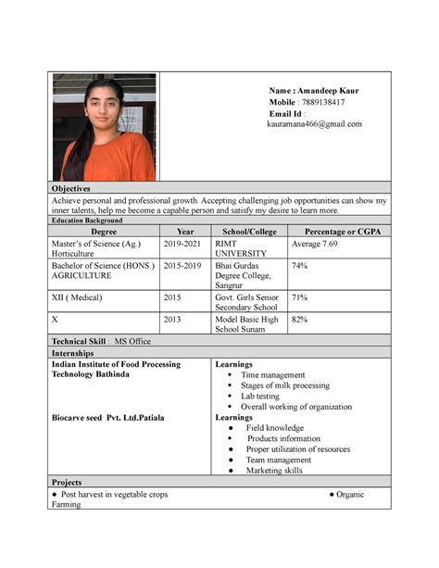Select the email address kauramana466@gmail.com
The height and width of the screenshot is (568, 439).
pos(314,123)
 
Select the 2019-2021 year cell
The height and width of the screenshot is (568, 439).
pos(182,243)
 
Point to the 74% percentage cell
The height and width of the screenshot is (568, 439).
pos(300,265)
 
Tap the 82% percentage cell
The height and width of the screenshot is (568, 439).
pos(300,320)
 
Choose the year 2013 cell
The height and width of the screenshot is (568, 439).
pos(173,320)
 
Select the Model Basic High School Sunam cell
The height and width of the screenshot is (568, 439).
pos(246,325)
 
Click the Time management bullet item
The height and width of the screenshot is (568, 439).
pos(272,375)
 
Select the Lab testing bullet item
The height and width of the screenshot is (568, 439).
pos(259,396)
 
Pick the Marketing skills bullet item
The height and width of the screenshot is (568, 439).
pos(273,470)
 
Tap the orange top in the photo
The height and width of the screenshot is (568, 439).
pos(107,158)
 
